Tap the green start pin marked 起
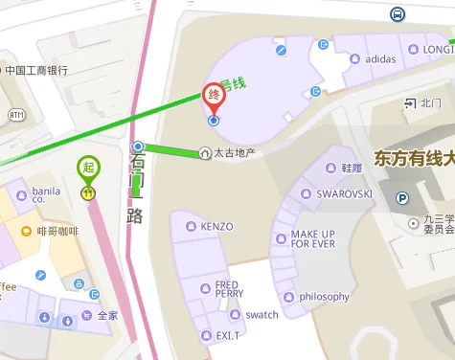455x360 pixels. point(88,169)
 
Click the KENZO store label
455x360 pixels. point(216,227)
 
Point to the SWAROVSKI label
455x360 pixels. point(344,193)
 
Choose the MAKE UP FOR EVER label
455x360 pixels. point(313,238)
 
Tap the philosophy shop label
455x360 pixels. point(324,297)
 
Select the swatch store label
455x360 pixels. point(262,314)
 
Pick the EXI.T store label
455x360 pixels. point(227,335)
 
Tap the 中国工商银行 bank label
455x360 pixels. point(35,70)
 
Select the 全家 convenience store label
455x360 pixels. point(107,315)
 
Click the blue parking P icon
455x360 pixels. point(403,198)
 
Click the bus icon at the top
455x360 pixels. point(397,13)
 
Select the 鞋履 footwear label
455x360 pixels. point(352,168)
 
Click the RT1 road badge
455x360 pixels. point(16,114)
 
